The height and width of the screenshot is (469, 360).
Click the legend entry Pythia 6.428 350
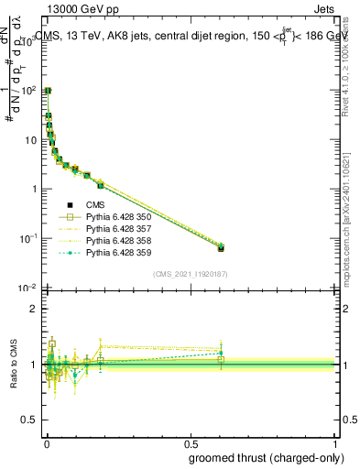115,217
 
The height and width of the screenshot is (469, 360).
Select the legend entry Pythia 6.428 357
115,229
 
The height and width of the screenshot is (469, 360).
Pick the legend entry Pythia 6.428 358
115,240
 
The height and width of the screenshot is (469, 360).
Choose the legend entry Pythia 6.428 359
115,252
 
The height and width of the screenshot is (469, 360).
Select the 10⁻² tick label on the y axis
29,288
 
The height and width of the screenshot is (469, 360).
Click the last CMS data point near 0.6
221,247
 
